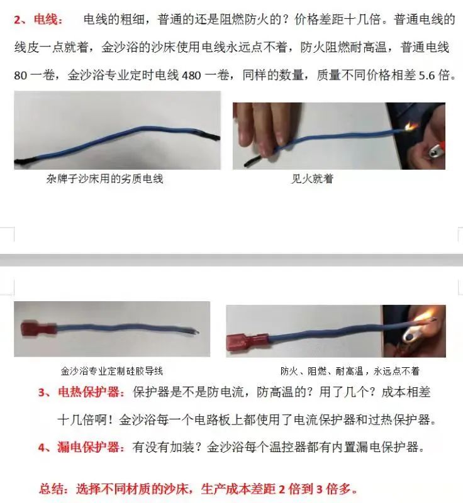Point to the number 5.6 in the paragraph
[x=427, y=75]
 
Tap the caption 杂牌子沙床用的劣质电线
[x=105, y=179]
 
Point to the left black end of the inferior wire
[x=22, y=160]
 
